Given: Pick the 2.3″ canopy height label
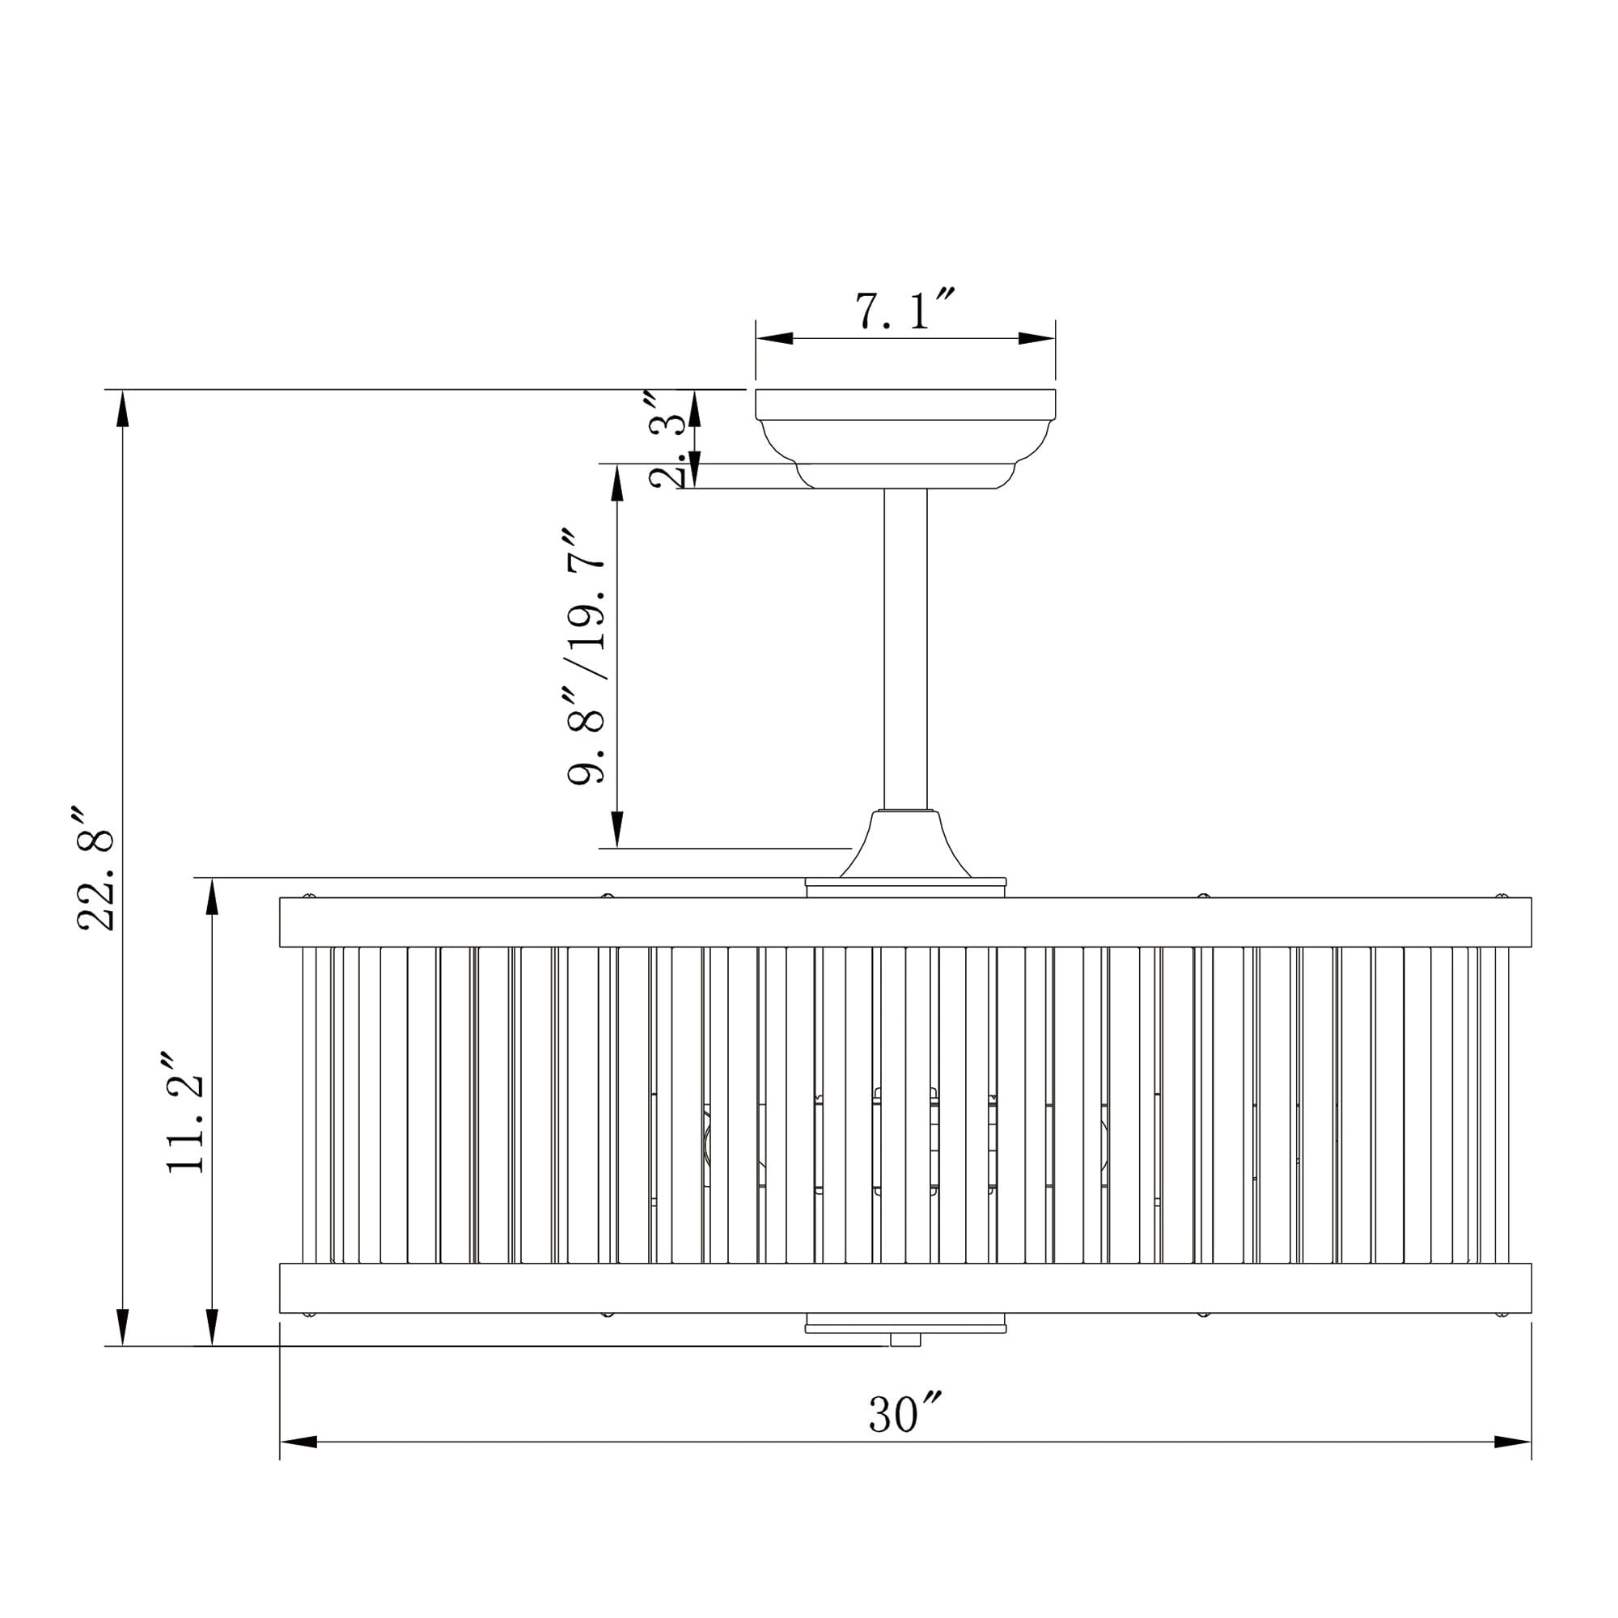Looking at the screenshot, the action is coord(668,438).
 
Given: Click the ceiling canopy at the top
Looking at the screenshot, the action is coord(905,438).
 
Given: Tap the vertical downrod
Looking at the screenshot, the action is coord(905,649).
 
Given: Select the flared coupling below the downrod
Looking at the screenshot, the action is coord(905,844).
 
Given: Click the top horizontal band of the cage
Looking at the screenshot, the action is coord(905,922).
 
